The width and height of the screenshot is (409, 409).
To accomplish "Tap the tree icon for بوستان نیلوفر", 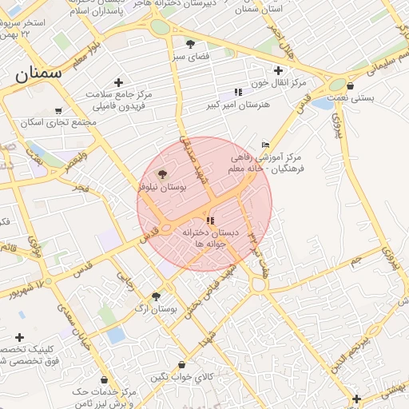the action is click(x=162, y=173).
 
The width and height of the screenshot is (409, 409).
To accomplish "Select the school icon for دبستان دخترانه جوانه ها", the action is click(x=210, y=220).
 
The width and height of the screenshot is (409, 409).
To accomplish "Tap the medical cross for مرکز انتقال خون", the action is click(x=277, y=70).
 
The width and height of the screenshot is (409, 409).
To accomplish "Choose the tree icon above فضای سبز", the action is click(x=190, y=43).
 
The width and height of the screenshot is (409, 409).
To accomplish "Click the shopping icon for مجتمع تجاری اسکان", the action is click(x=58, y=111).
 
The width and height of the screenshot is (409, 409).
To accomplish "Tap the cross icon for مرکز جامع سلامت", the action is click(x=118, y=82).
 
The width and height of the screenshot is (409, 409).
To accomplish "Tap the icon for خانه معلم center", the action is click(x=265, y=145).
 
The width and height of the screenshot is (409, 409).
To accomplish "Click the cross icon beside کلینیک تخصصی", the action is click(x=19, y=337).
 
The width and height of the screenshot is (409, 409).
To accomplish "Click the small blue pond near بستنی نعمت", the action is click(x=322, y=104).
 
